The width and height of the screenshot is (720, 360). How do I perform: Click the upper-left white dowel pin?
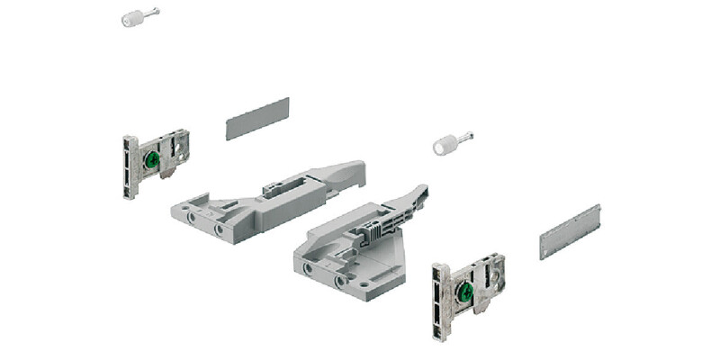[133, 18]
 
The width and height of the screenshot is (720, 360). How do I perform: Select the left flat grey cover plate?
[256, 118]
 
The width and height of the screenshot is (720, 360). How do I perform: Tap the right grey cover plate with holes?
[570, 232]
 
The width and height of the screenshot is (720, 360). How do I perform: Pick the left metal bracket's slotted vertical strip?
[130, 167]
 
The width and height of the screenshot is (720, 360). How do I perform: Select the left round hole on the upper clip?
[190, 217]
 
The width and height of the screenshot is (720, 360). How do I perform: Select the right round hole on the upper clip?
[219, 229]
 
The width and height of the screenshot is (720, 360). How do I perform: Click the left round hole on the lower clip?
[310, 269]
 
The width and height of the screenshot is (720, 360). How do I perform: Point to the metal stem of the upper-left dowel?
[154, 13]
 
